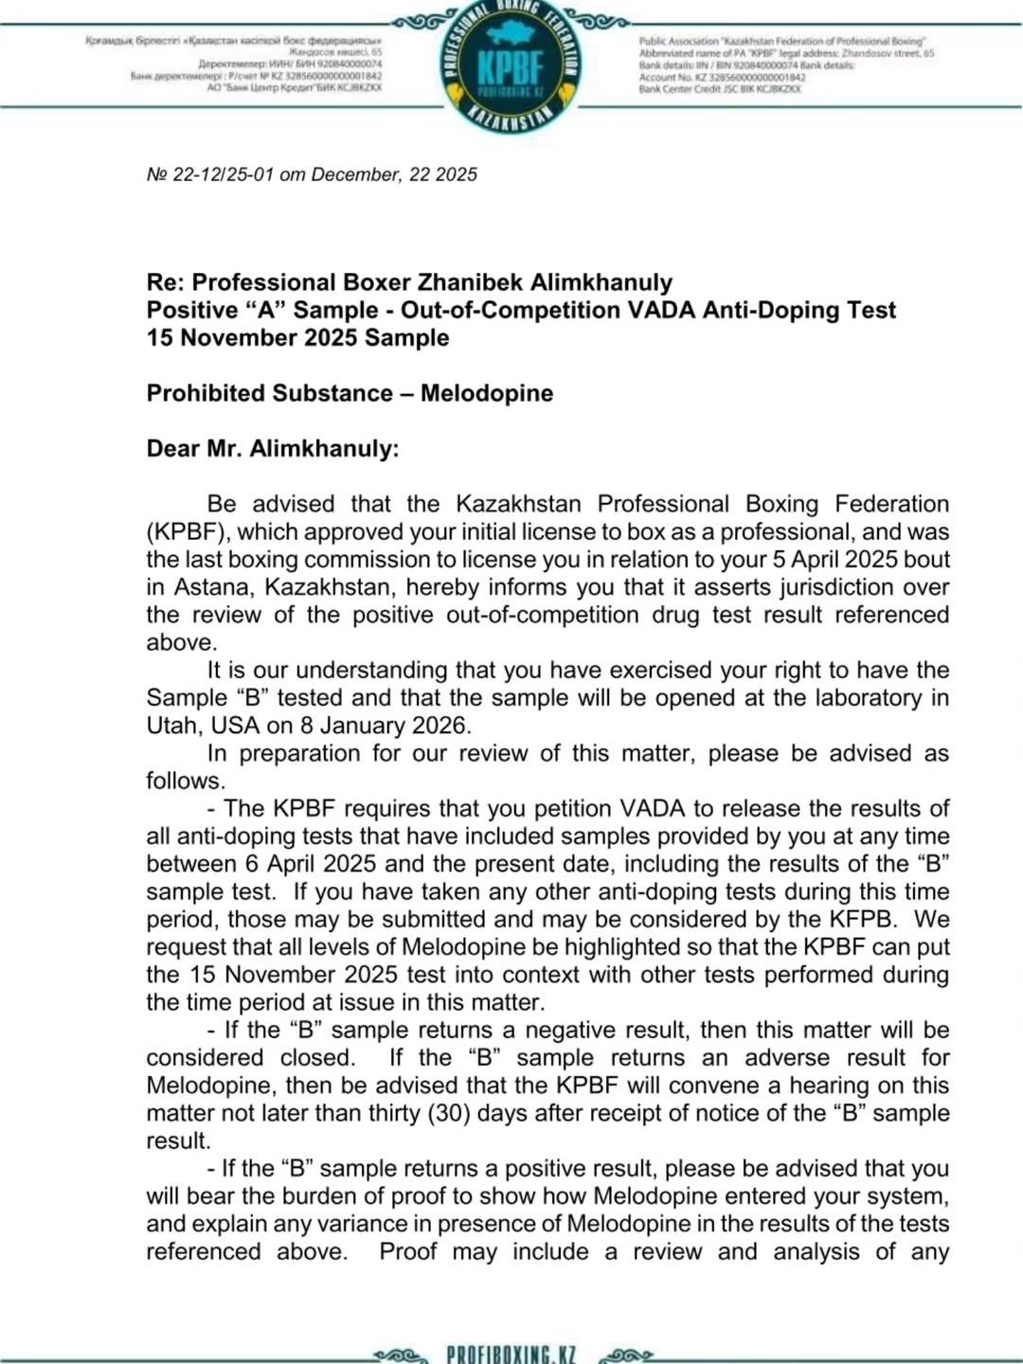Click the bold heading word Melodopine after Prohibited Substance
[487, 393]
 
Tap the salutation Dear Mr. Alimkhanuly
[273, 448]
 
